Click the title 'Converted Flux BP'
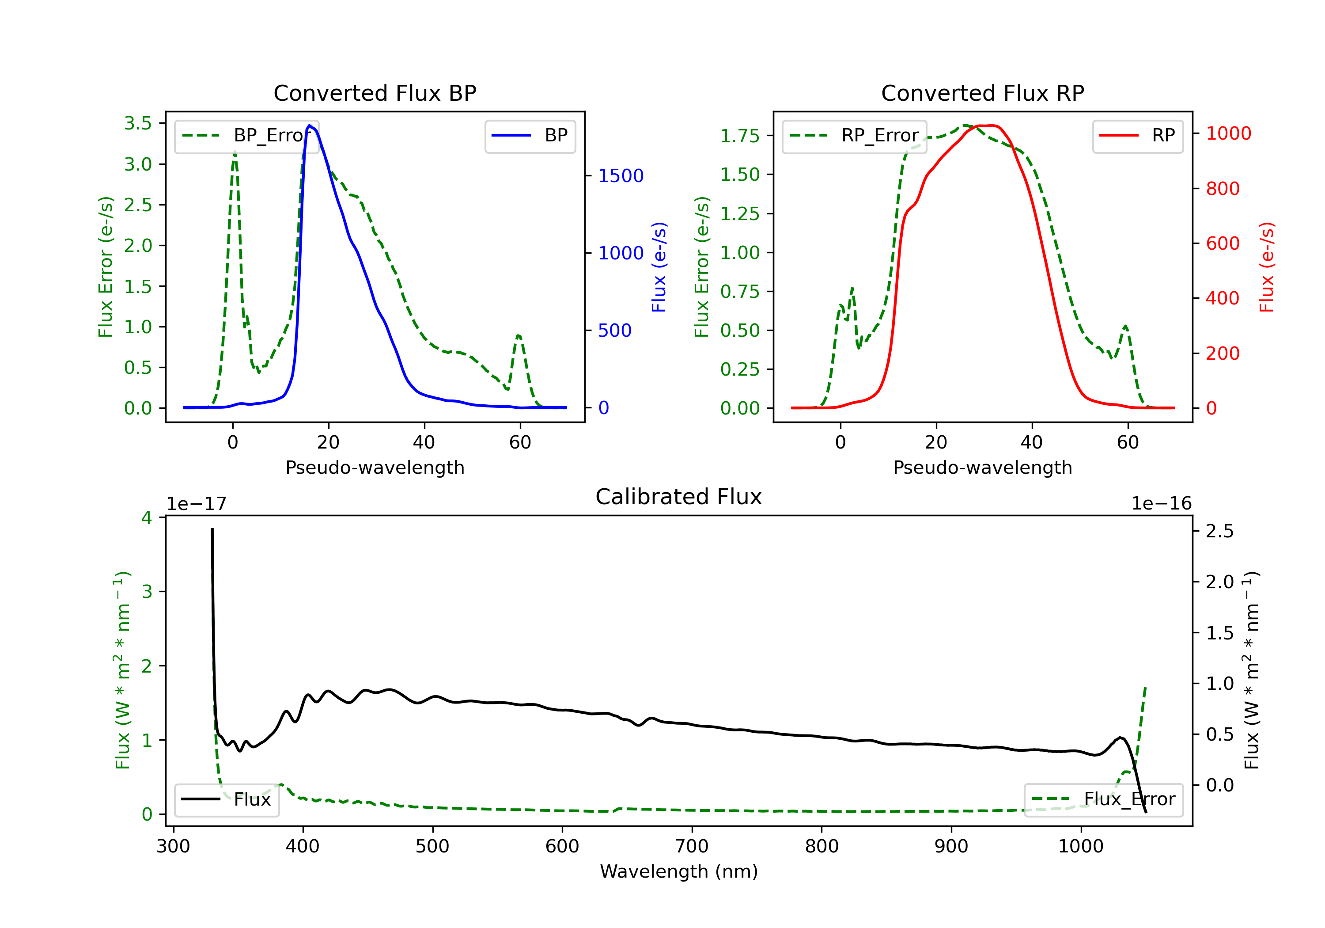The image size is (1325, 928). tap(375, 93)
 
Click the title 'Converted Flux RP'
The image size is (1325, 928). tap(982, 93)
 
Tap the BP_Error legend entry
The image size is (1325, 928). tap(246, 136)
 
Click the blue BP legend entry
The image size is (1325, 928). tap(530, 136)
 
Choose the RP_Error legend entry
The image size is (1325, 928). tap(854, 136)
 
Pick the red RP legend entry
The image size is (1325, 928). tap(1137, 136)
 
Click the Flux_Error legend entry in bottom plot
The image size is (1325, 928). tap(1103, 799)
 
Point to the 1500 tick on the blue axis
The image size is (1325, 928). tap(621, 175)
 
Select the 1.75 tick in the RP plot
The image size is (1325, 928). tap(739, 136)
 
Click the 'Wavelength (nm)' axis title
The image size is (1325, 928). tap(679, 871)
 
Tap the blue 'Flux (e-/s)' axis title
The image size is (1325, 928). tap(659, 267)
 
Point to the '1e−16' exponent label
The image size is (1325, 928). tap(1161, 504)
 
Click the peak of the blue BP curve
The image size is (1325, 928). tap(309, 126)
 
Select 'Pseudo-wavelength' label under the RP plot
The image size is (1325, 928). tap(982, 467)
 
